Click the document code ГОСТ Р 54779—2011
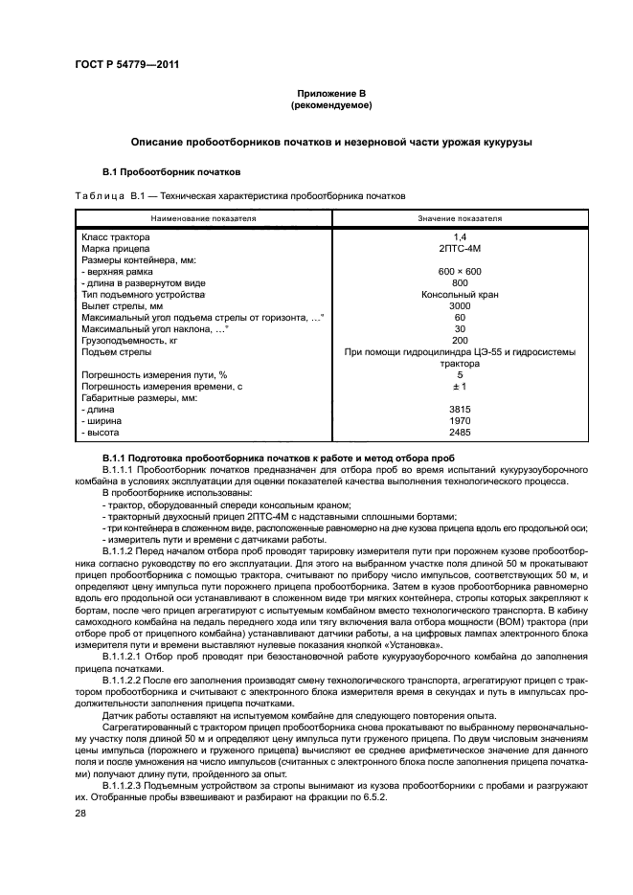point(119,65)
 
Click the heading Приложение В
point(331,93)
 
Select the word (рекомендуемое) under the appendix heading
point(331,104)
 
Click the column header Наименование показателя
point(203,218)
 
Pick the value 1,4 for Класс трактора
point(459,236)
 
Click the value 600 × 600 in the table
point(459,271)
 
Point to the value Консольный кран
point(459,294)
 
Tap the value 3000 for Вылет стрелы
point(459,305)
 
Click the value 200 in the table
point(459,340)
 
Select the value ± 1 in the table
point(459,386)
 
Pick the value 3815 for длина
point(459,409)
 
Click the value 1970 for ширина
point(459,420)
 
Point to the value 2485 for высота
point(459,432)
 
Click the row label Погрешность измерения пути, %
point(154,374)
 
